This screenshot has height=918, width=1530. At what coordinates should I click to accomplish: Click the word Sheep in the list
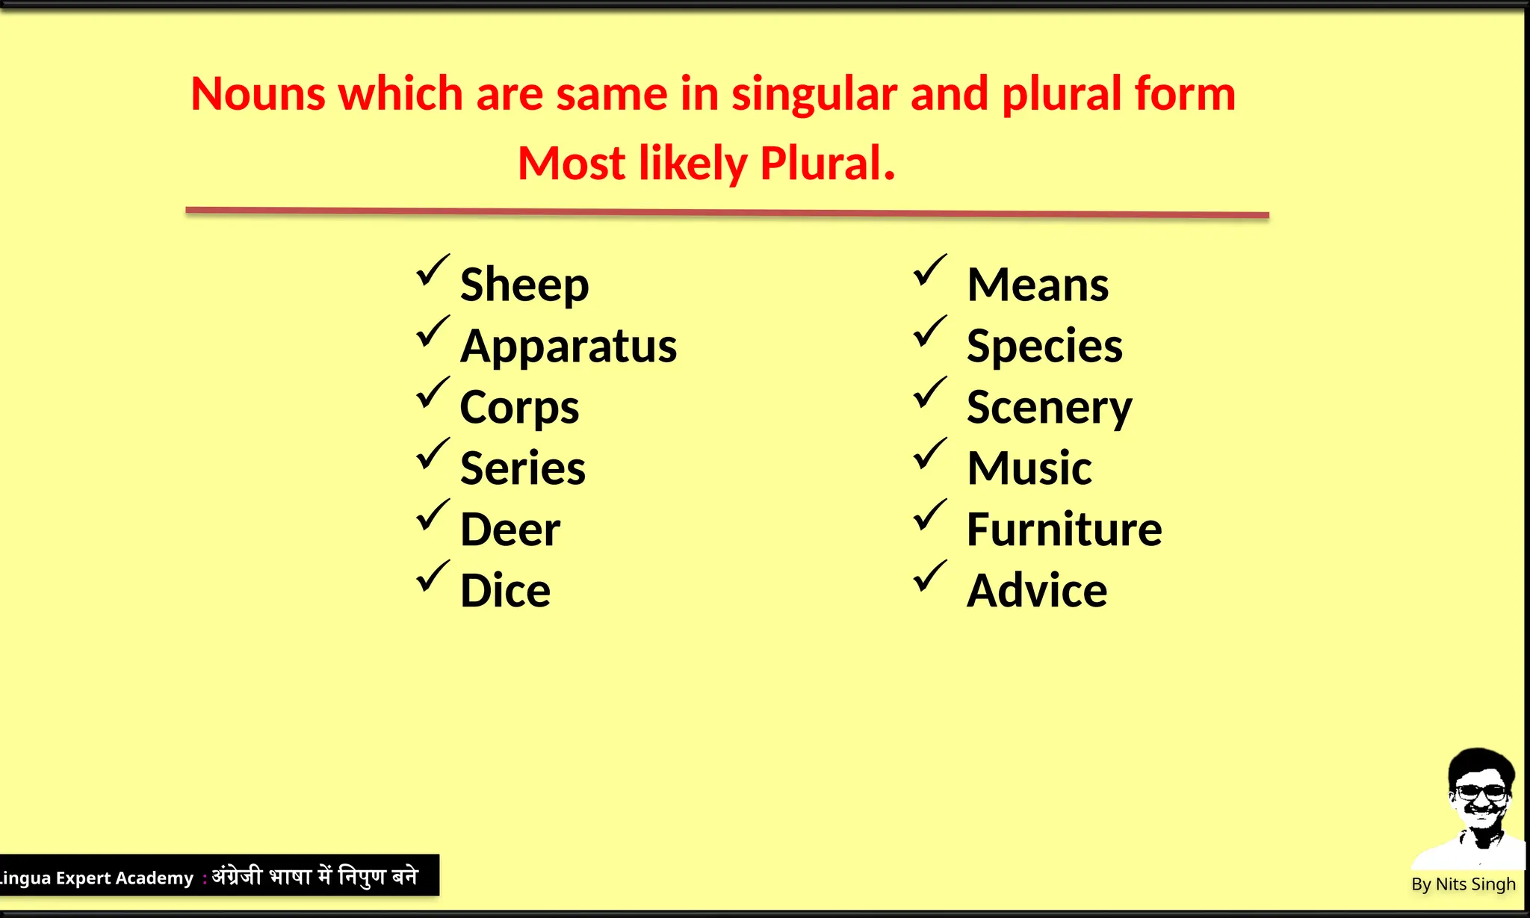point(524,285)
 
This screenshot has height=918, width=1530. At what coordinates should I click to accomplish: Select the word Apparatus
point(569,347)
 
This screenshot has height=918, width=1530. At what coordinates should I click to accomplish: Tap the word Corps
point(519,408)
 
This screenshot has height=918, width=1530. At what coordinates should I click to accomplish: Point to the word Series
point(523,469)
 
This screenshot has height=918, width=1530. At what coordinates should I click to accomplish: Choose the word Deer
point(510,530)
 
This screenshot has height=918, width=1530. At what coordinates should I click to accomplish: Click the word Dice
point(505,592)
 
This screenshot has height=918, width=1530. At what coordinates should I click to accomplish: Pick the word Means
point(1038,285)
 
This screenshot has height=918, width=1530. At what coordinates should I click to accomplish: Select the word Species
point(1044,347)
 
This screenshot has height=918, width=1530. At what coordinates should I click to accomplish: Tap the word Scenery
point(1049,408)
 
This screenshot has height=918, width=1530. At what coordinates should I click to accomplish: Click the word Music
point(1029,469)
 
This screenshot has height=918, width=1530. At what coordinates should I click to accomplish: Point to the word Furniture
point(1064,530)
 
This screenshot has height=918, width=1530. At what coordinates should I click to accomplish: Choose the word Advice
point(1037,592)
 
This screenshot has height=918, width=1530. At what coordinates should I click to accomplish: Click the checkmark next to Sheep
point(433,270)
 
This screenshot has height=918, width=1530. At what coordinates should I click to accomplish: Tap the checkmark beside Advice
point(930,577)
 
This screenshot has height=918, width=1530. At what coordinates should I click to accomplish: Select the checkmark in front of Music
point(930,454)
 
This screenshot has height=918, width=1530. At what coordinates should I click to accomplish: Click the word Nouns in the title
point(258,95)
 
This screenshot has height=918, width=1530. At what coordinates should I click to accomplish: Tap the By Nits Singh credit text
point(1463,884)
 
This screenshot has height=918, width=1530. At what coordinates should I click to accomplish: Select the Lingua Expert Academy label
point(96,878)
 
